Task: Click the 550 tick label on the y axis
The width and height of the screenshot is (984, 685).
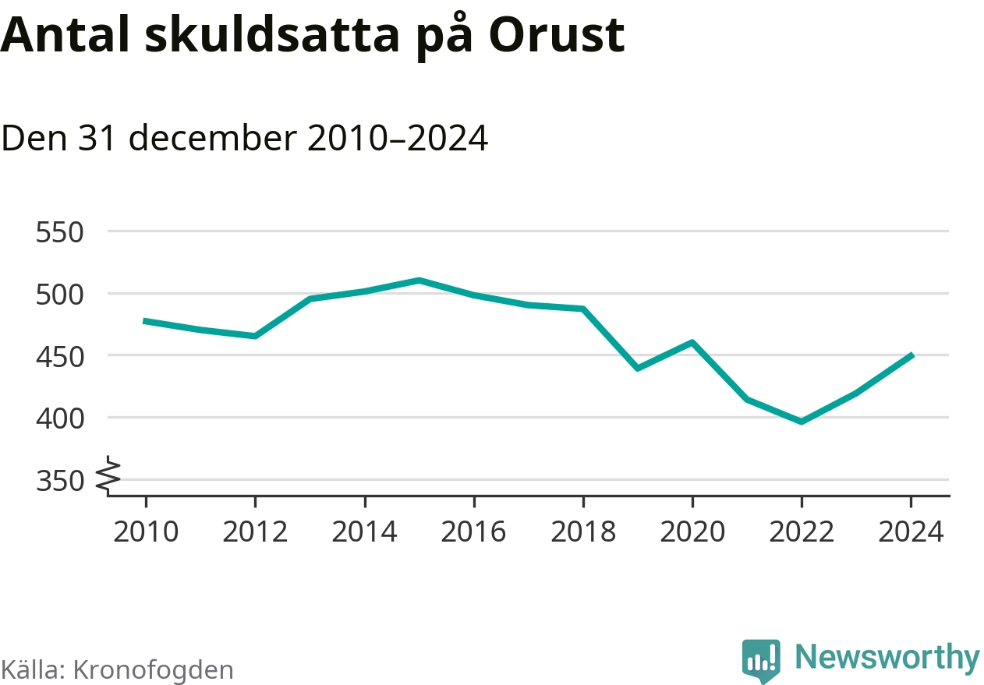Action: [x=60, y=232]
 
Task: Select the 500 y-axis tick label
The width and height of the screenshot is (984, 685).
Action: [x=60, y=295]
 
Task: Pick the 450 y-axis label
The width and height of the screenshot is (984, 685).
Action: [x=60, y=356]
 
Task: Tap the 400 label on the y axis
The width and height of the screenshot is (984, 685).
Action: [x=60, y=418]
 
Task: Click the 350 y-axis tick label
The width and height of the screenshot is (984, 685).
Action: [x=60, y=482]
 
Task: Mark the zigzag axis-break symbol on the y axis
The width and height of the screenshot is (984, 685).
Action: [x=109, y=475]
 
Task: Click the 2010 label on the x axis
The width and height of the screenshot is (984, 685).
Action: [x=146, y=532]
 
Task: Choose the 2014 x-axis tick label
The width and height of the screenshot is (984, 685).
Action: [x=364, y=532]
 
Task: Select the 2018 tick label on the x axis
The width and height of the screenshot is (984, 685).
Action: [x=583, y=532]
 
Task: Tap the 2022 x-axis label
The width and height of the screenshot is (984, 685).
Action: [x=802, y=532]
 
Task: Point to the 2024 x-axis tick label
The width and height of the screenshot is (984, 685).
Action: [x=911, y=532]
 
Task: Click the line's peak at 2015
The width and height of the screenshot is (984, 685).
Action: [x=419, y=280]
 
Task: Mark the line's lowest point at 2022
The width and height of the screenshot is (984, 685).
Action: [x=802, y=422]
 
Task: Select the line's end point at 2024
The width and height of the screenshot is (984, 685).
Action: [x=911, y=355]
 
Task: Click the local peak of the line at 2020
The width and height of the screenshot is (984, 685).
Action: [x=692, y=342]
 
